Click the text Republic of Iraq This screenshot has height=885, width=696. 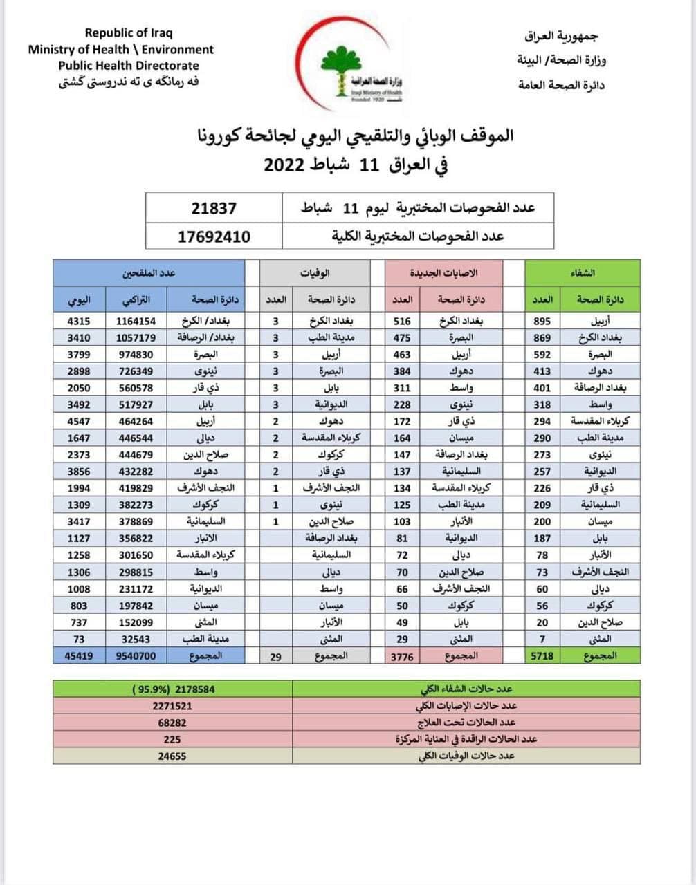click(129, 32)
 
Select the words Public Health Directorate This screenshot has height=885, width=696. click(129, 66)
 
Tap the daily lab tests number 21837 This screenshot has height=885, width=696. click(214, 208)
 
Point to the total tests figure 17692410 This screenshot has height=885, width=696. click(214, 236)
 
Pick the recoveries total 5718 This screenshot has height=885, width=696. click(542, 655)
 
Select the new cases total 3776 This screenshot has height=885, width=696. click(402, 656)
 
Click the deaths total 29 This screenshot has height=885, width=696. click(275, 656)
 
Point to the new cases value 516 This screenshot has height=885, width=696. click(402, 322)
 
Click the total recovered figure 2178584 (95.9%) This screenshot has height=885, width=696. click(173, 689)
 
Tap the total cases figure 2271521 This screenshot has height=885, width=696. click(172, 706)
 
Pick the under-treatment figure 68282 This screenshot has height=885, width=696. click(172, 723)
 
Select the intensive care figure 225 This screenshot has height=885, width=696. click(172, 739)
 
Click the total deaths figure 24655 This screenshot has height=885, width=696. click(172, 756)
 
